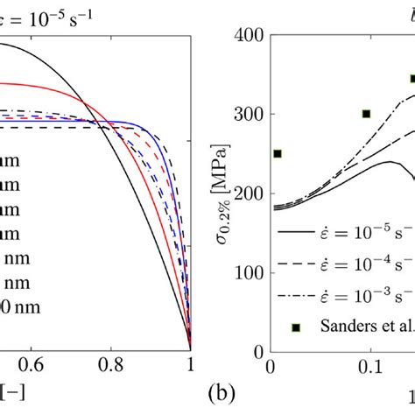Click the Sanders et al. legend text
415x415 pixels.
368,327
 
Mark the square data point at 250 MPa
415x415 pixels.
278,153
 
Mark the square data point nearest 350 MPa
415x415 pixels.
412,78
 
